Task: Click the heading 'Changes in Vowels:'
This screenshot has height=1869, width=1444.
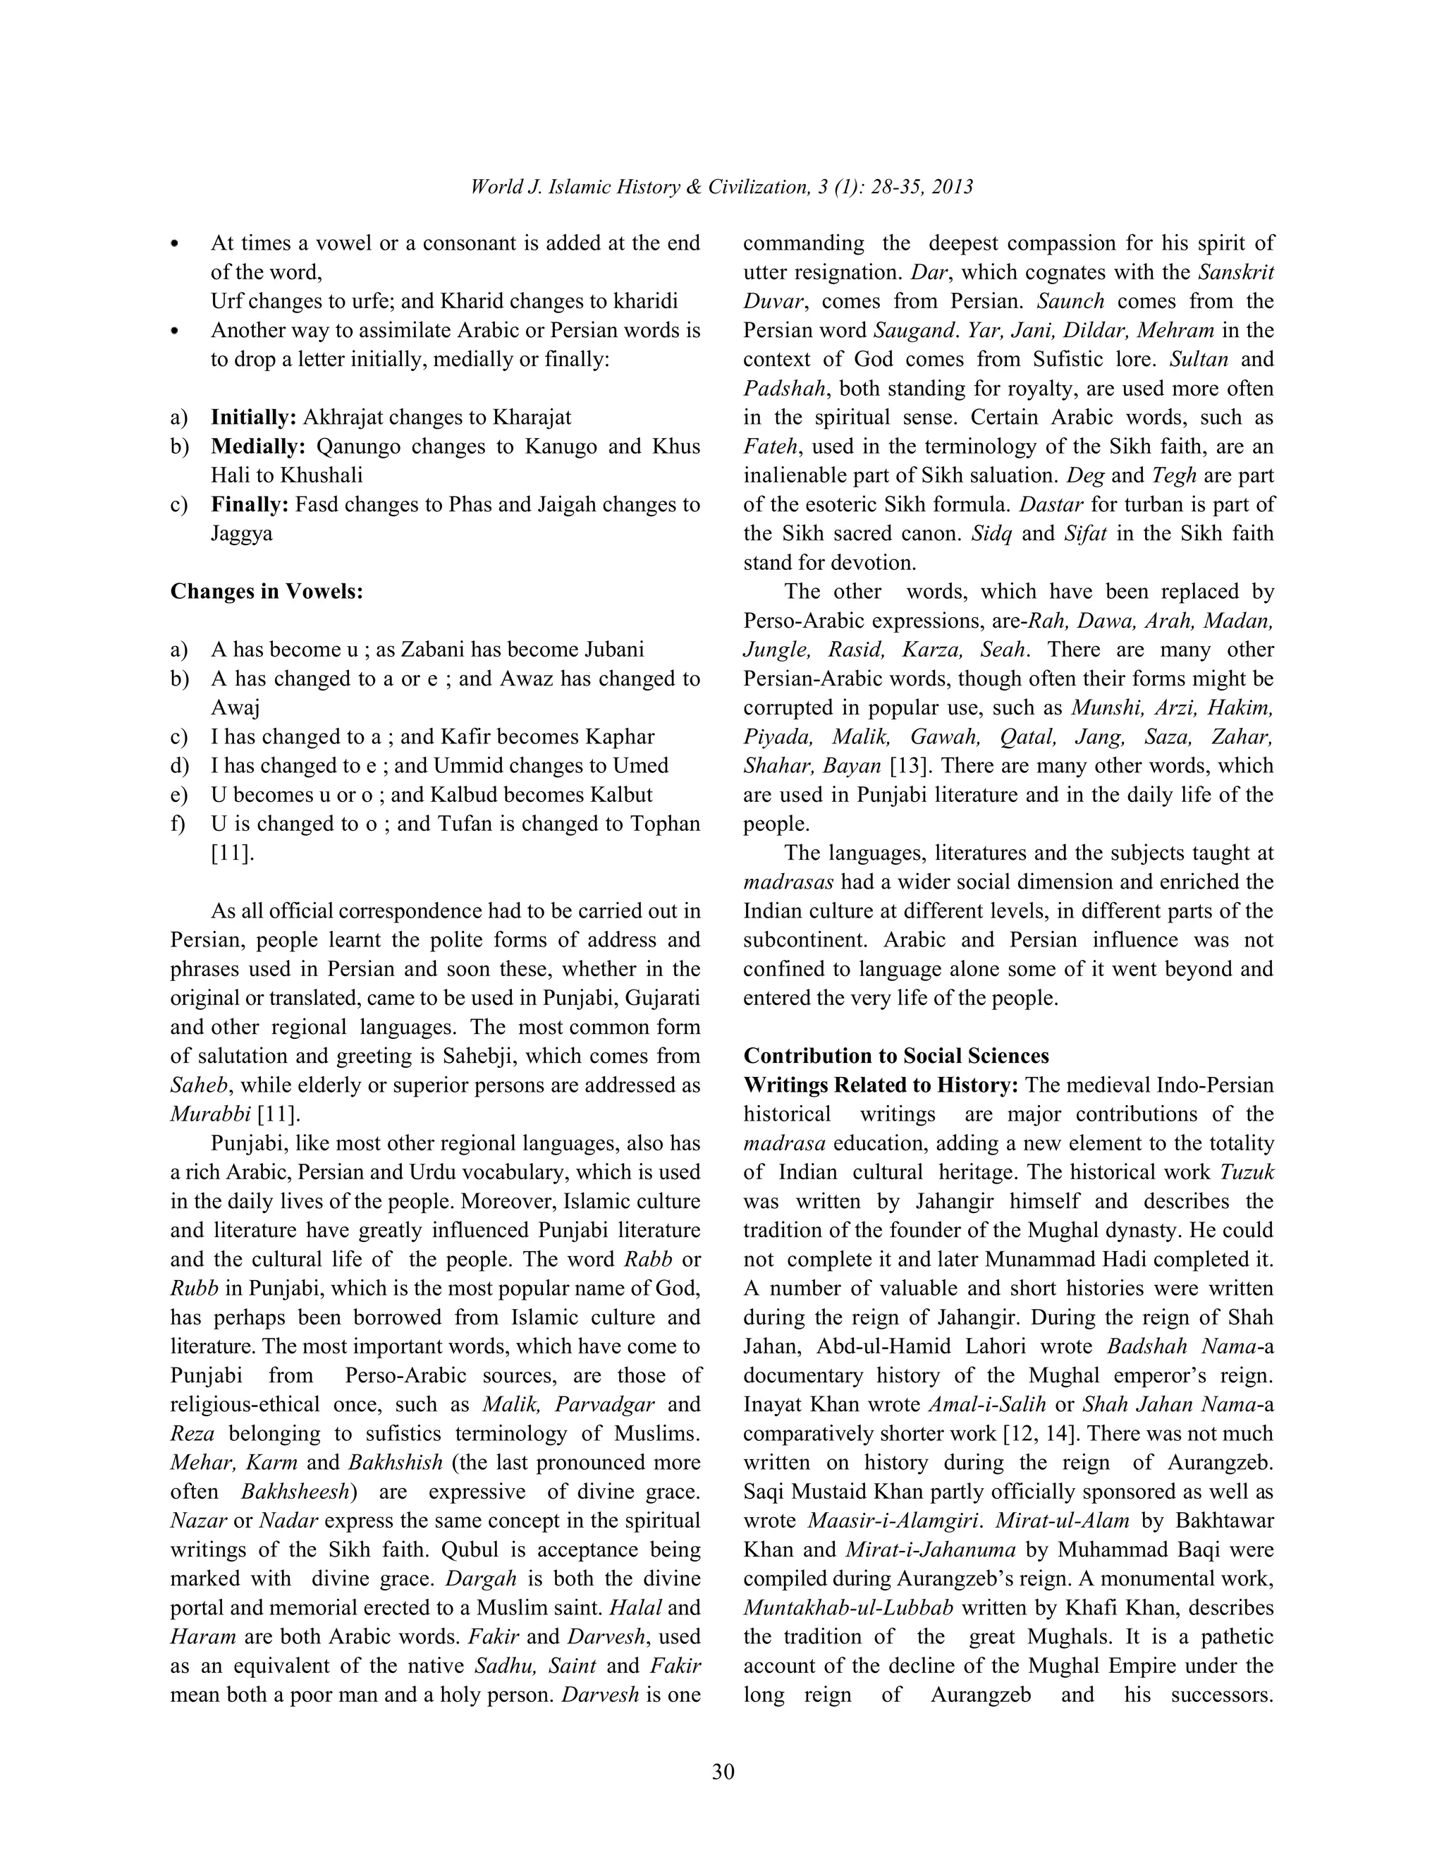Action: click(266, 591)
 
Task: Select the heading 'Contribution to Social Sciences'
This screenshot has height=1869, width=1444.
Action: click(895, 1056)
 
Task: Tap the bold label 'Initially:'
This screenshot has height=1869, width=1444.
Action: click(253, 418)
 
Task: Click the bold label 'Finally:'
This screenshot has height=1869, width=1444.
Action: click(250, 505)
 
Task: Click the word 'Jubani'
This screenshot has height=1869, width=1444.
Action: click(614, 650)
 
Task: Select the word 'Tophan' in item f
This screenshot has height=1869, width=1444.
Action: click(666, 824)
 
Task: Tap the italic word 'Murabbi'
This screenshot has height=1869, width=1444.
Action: click(210, 1114)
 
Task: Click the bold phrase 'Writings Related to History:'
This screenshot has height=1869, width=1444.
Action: click(881, 1085)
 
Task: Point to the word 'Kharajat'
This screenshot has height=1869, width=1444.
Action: click(531, 418)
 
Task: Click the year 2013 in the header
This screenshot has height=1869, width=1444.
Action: click(952, 188)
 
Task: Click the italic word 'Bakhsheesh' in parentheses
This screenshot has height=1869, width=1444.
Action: click(296, 1492)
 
